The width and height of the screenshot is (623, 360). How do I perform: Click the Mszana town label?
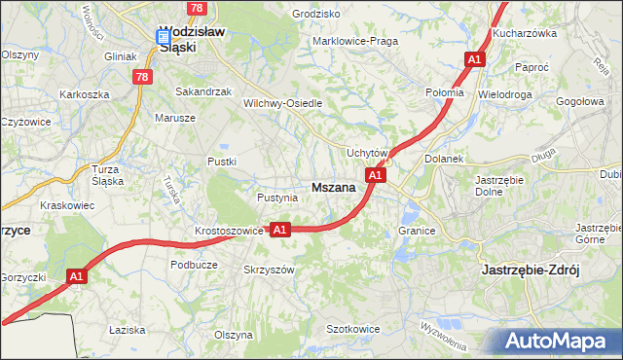pos(333,188)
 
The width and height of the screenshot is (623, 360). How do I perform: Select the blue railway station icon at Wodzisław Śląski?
pos(164,37)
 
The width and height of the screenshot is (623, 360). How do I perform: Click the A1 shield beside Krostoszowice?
pos(280,230)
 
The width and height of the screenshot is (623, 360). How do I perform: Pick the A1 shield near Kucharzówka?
pos(474,60)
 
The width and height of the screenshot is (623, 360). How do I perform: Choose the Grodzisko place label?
pos(315,15)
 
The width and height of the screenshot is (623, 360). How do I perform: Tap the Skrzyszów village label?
pos(268,270)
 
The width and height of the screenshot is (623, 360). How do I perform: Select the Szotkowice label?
pos(352,330)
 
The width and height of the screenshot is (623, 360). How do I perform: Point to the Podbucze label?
pos(193,264)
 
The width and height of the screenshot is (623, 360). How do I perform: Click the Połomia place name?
pos(445,91)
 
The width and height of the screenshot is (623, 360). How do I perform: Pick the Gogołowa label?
pos(580,101)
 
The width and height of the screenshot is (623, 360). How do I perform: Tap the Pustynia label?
pos(276,198)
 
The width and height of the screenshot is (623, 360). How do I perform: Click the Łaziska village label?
pos(127,331)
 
